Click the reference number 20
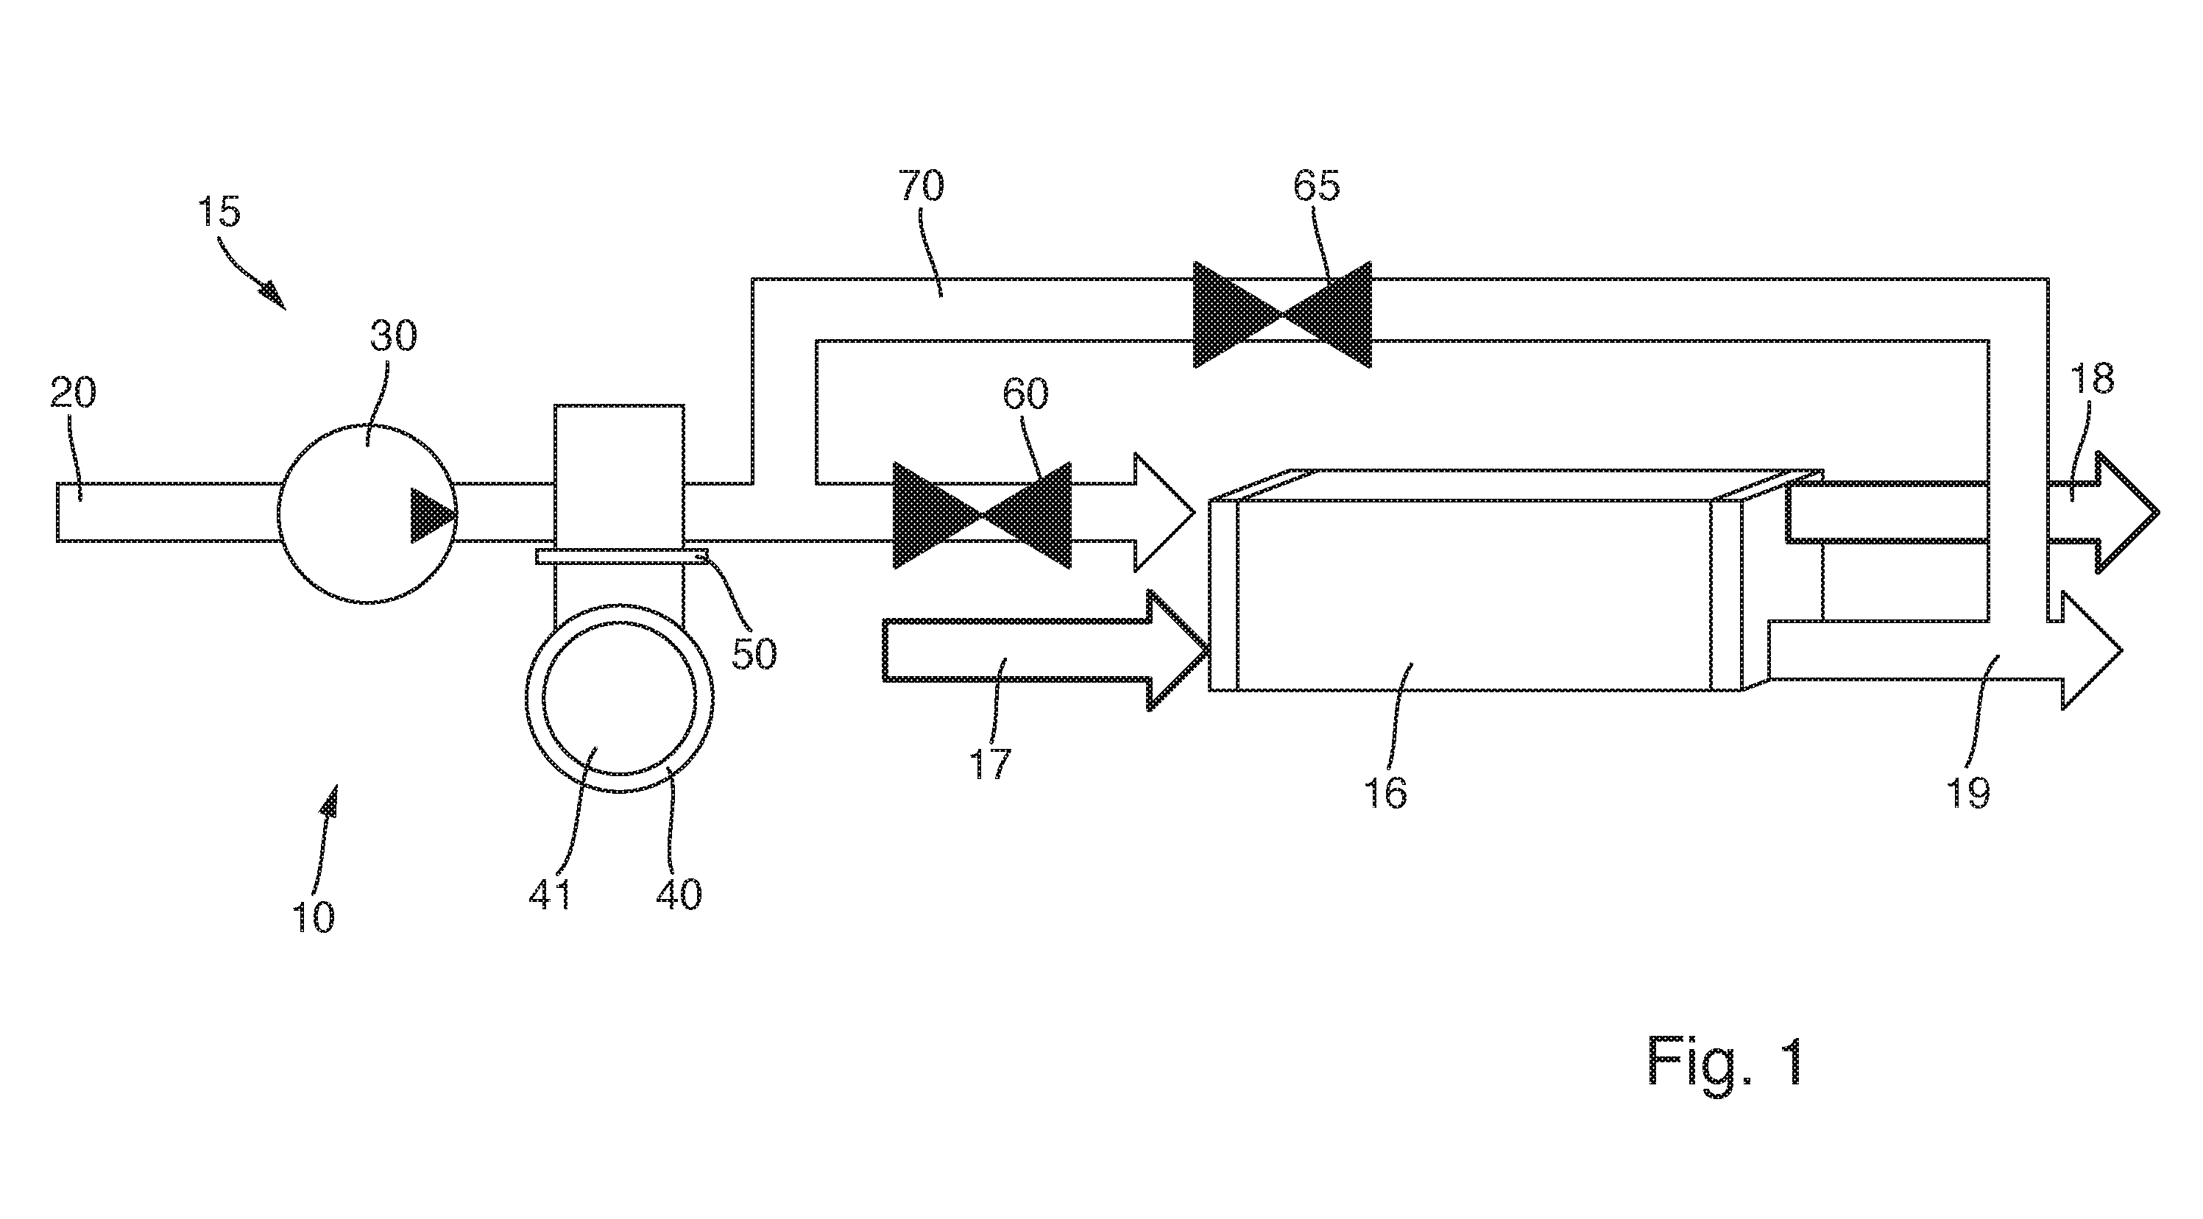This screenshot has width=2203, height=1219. tap(74, 394)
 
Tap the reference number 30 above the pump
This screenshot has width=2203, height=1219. tap(393, 337)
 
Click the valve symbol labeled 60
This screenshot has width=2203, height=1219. tap(982, 516)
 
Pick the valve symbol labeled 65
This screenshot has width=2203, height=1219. tap(1282, 313)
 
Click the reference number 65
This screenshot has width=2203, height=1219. tap(1316, 185)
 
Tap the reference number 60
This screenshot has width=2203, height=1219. tap(1025, 394)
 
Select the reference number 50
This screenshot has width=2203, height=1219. tap(754, 654)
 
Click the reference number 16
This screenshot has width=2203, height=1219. tap(1385, 792)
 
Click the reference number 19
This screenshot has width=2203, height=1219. tap(1969, 793)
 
